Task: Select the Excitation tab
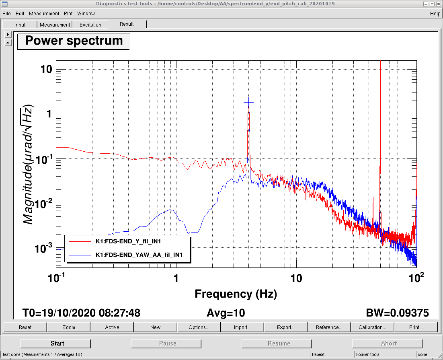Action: click(x=90, y=25)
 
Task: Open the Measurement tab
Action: click(x=55, y=25)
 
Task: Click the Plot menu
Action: click(x=68, y=14)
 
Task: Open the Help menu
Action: click(x=435, y=14)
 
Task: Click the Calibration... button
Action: click(x=372, y=327)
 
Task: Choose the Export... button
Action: click(x=285, y=327)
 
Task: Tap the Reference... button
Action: click(x=329, y=327)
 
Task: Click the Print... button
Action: click(x=416, y=327)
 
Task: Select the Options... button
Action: click(x=199, y=327)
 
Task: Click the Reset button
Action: click(x=25, y=327)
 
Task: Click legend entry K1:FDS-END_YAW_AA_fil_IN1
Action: click(x=139, y=255)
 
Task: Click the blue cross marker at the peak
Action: click(x=249, y=103)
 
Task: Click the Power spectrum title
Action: click(x=74, y=41)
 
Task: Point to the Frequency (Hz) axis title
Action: click(x=236, y=294)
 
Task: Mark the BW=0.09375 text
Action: click(x=397, y=313)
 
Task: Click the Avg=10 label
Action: click(x=226, y=313)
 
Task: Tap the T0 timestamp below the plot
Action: click(x=81, y=313)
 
